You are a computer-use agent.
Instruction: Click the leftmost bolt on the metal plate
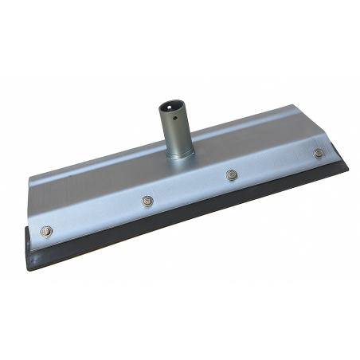tap(46, 231)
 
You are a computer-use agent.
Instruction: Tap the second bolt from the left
tap(147, 201)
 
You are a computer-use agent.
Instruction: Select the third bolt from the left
tap(232, 174)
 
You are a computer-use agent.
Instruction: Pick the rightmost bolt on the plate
tap(319, 152)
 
